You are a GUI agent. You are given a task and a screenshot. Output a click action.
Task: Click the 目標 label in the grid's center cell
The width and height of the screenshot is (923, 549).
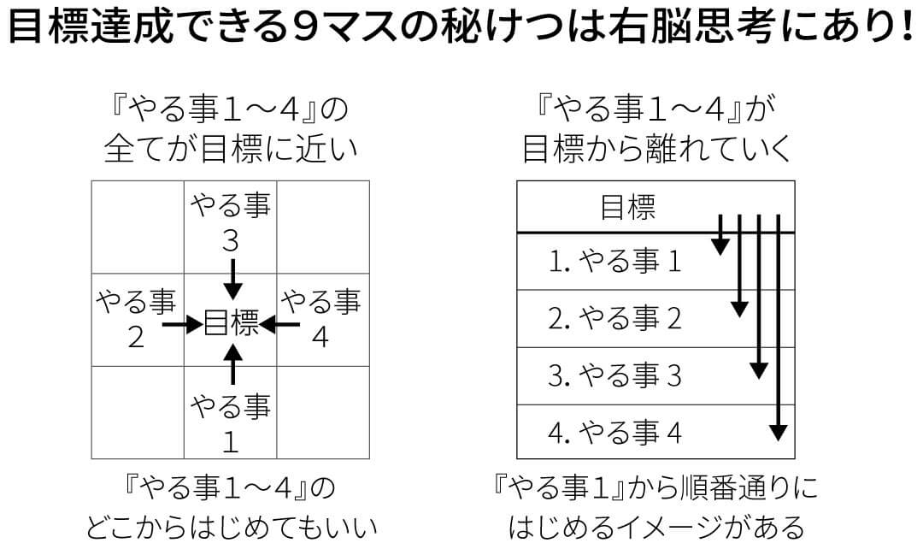(231, 322)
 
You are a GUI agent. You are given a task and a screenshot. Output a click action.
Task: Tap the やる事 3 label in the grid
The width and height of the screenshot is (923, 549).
(231, 223)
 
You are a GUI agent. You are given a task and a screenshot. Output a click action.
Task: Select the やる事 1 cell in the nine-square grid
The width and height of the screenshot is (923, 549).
(231, 412)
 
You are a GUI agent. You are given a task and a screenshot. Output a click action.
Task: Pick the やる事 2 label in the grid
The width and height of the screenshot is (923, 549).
(136, 319)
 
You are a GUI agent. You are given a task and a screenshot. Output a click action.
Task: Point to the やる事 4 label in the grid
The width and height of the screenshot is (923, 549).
(320, 319)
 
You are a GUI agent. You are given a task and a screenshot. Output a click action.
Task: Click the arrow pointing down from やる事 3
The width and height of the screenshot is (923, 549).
(233, 280)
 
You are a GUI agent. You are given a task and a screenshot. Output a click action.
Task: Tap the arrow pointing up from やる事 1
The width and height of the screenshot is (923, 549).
(233, 364)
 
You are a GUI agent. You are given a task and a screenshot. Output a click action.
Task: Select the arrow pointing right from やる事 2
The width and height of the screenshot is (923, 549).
(183, 324)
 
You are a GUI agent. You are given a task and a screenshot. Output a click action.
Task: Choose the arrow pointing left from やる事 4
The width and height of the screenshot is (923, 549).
(279, 324)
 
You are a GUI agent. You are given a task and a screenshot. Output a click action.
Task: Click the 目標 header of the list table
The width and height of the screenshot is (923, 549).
(627, 207)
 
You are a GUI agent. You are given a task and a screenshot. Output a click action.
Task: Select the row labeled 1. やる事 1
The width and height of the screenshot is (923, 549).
(656, 262)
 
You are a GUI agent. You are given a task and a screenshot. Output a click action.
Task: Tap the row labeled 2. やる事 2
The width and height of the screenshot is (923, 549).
(656, 319)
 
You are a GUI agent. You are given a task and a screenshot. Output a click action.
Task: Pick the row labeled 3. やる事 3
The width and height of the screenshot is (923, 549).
(656, 375)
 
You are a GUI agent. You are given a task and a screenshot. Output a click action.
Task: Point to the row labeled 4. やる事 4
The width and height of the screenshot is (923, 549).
(656, 432)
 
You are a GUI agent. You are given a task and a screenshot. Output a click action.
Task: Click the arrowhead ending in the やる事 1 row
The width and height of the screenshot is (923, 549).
(720, 247)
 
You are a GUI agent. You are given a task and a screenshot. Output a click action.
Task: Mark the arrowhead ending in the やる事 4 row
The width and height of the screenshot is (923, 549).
(779, 433)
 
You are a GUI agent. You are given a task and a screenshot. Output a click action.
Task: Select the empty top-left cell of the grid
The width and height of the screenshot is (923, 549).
(138, 227)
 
